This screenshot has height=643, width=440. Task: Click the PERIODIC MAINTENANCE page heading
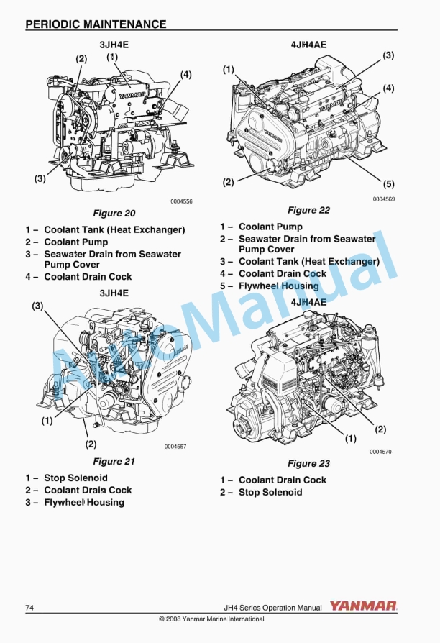point(96,24)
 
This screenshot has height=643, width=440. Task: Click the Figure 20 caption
point(114,213)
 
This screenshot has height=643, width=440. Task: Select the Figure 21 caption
point(114,461)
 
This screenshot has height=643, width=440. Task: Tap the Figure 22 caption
point(308,210)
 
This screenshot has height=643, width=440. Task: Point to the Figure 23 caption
point(308,464)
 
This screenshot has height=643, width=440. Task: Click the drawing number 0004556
point(181,202)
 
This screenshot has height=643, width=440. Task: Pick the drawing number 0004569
point(383,199)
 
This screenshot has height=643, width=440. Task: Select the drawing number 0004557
point(175,447)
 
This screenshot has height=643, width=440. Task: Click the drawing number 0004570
point(380,452)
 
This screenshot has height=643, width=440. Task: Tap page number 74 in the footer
point(29,608)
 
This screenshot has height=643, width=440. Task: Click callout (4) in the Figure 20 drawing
point(185,74)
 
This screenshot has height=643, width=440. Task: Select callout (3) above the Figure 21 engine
point(37,306)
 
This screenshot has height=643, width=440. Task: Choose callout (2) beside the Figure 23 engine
point(380,429)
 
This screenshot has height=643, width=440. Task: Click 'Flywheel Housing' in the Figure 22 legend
point(278,286)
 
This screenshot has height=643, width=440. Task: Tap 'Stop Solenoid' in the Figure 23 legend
point(270,492)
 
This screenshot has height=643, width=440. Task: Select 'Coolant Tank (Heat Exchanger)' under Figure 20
point(114,230)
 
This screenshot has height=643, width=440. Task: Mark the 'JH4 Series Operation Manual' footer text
point(272,608)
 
